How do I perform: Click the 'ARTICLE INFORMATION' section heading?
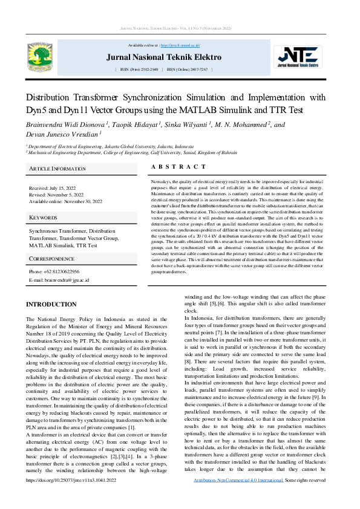tap(57, 169)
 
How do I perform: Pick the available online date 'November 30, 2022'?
tap(81, 201)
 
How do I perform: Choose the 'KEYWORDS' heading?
tap(43, 216)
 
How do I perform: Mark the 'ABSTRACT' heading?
tap(178, 167)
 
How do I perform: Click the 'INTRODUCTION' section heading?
tap(51, 305)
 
